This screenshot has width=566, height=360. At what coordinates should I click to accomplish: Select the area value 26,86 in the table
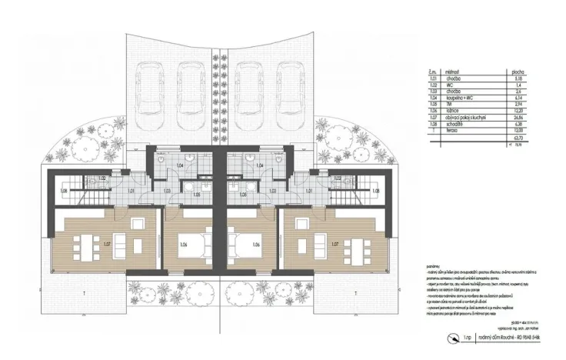click(519, 116)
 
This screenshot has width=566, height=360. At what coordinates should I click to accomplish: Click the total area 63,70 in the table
click(519, 136)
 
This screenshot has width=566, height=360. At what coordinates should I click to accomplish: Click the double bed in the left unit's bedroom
click(189, 246)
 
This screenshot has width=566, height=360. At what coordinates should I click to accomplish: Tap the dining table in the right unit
click(361, 246)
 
